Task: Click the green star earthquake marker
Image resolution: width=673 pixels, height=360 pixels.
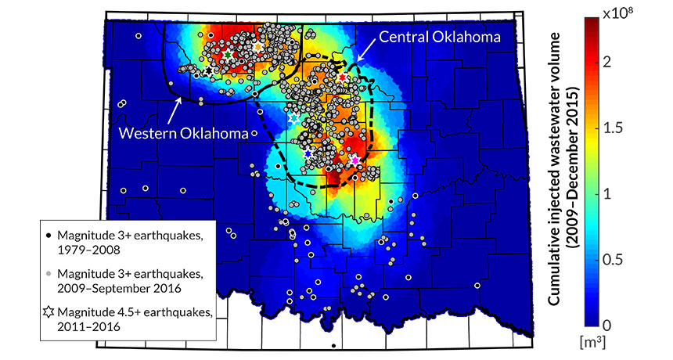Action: pyautogui.click(x=228, y=56)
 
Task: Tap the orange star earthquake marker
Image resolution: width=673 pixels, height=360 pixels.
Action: pyautogui.click(x=259, y=47)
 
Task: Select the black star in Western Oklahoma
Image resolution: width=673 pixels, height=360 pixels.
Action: pyautogui.click(x=208, y=71)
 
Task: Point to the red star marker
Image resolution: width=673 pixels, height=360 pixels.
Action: pyautogui.click(x=342, y=78)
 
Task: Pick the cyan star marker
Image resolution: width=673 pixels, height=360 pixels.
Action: pyautogui.click(x=295, y=118)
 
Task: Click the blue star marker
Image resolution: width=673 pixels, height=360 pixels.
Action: pyautogui.click(x=308, y=153)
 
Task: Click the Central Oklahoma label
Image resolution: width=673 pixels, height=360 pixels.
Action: pyautogui.click(x=440, y=36)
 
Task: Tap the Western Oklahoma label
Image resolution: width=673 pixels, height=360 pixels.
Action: pyautogui.click(x=183, y=133)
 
